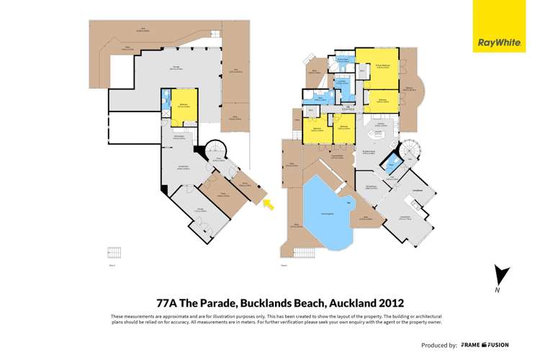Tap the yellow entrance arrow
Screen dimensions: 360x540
[269, 206]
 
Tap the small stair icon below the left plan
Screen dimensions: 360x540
[114, 253]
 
